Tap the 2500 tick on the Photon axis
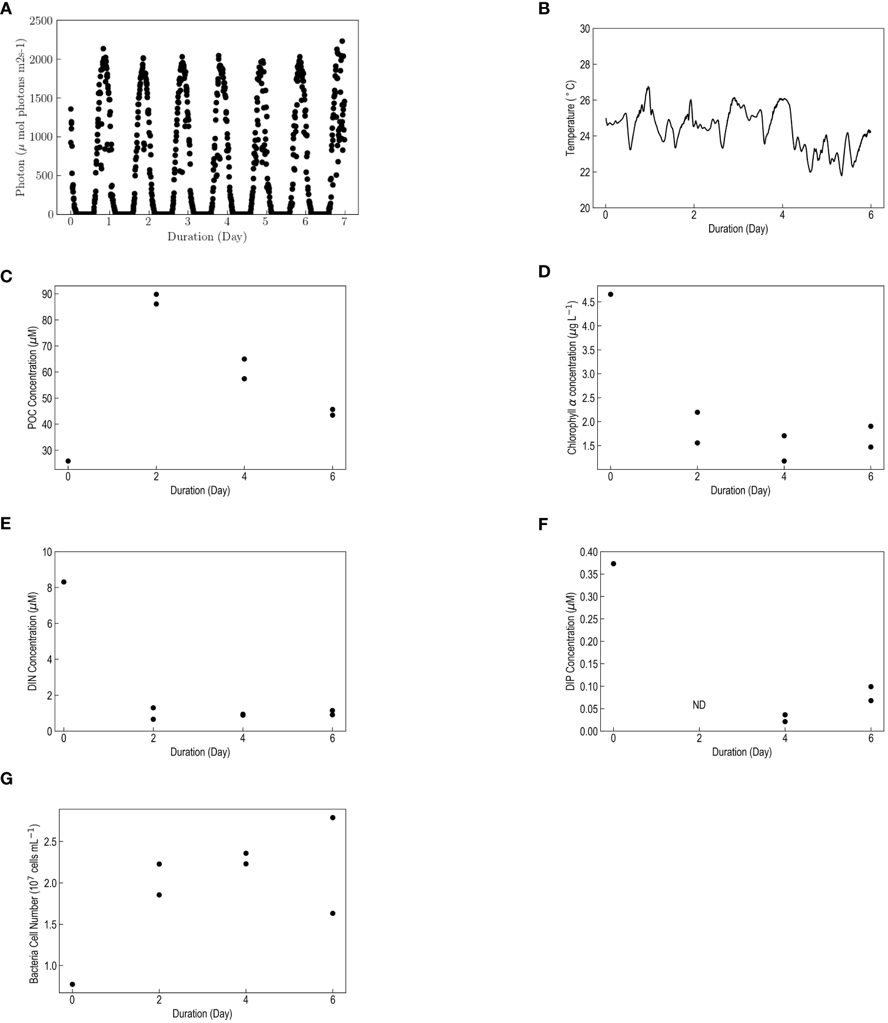41,21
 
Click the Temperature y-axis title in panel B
570,118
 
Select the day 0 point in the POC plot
68,461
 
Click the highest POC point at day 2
156,294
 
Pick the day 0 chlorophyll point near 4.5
610,294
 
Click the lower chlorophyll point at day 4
784,461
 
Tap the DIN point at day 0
64,582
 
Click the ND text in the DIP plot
699,705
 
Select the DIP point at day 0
613,563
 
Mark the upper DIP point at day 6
871,686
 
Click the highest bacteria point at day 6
332,818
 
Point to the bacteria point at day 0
72,984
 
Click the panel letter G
6,779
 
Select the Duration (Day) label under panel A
207,237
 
